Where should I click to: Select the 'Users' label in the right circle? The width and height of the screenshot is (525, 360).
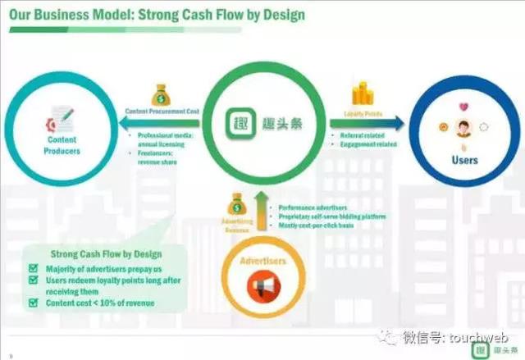464,160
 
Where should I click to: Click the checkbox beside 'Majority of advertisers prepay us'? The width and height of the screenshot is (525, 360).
34,267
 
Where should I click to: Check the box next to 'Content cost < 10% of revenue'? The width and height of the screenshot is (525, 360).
34,303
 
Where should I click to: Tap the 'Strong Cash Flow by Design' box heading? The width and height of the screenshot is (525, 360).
107,254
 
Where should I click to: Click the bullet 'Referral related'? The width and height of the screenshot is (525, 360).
360,135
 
